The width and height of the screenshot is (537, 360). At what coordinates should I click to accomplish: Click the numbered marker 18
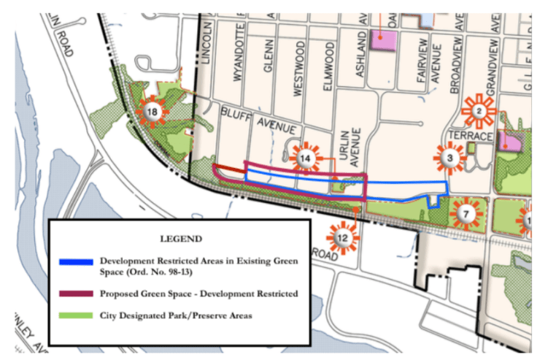[152, 112]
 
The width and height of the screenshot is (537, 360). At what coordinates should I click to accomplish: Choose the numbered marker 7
[466, 214]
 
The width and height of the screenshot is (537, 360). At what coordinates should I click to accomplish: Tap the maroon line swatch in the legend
[76, 293]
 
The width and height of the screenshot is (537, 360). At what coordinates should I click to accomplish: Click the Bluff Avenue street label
[251, 118]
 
